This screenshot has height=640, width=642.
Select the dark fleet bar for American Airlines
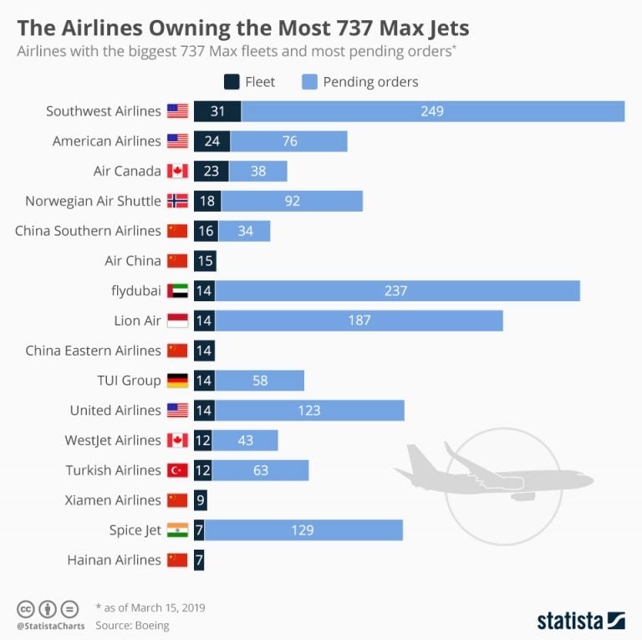click(211, 141)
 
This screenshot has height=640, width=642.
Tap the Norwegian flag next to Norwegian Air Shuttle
click(177, 201)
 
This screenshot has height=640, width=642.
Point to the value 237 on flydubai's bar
click(396, 290)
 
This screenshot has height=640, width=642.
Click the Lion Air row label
click(138, 320)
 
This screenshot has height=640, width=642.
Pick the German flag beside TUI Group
click(177, 381)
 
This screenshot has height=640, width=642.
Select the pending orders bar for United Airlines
click(309, 410)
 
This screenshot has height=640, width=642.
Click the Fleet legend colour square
click(231, 82)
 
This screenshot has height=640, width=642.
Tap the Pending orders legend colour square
click(308, 82)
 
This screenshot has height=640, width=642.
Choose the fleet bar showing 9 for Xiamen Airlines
click(200, 500)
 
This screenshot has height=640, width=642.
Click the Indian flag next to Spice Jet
click(177, 530)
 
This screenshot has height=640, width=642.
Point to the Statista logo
click(580, 621)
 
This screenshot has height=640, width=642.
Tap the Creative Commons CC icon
click(25, 608)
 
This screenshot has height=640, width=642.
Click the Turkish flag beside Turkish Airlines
click(177, 470)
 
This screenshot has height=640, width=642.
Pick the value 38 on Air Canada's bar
click(258, 172)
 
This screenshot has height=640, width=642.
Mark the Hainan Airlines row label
click(114, 560)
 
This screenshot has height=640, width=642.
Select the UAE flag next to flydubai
click(177, 290)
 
